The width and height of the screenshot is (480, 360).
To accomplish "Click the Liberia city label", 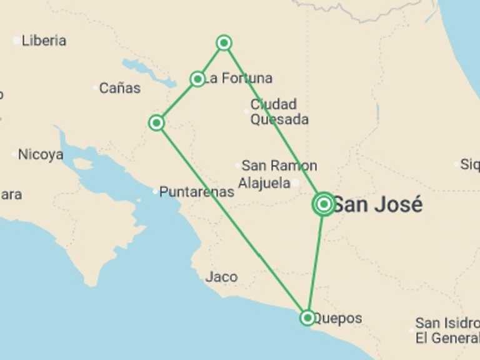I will pos(44,41).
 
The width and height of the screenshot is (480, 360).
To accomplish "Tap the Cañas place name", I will pos(119,88).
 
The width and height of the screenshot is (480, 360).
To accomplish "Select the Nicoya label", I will pos(41,154).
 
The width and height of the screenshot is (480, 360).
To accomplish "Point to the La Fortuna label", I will pos(239,79).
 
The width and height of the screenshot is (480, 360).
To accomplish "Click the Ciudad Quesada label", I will pos(279,112).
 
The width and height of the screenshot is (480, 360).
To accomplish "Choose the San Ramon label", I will pos(279,166).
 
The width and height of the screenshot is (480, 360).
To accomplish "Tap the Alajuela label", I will pos(264,183).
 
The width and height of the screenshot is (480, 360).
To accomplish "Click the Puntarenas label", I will pos(197,192).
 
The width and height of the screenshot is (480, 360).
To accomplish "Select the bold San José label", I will pos(377,204).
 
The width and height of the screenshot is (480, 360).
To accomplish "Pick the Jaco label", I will pos(221,276).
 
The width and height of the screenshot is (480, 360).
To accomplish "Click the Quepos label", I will pos(337,318).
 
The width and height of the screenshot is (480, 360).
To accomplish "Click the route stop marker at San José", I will pos(324,204).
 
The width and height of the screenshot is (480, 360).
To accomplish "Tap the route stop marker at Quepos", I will pos(307,317).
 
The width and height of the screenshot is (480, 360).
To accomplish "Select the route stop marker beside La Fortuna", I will pos(197,79).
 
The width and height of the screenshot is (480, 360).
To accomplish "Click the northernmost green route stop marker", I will pos(224,42).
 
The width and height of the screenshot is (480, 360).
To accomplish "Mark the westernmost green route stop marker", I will pos(156,122).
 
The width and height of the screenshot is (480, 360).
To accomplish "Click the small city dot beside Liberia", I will pos(16,41).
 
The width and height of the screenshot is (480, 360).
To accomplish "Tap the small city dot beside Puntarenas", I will pos(155,191).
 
